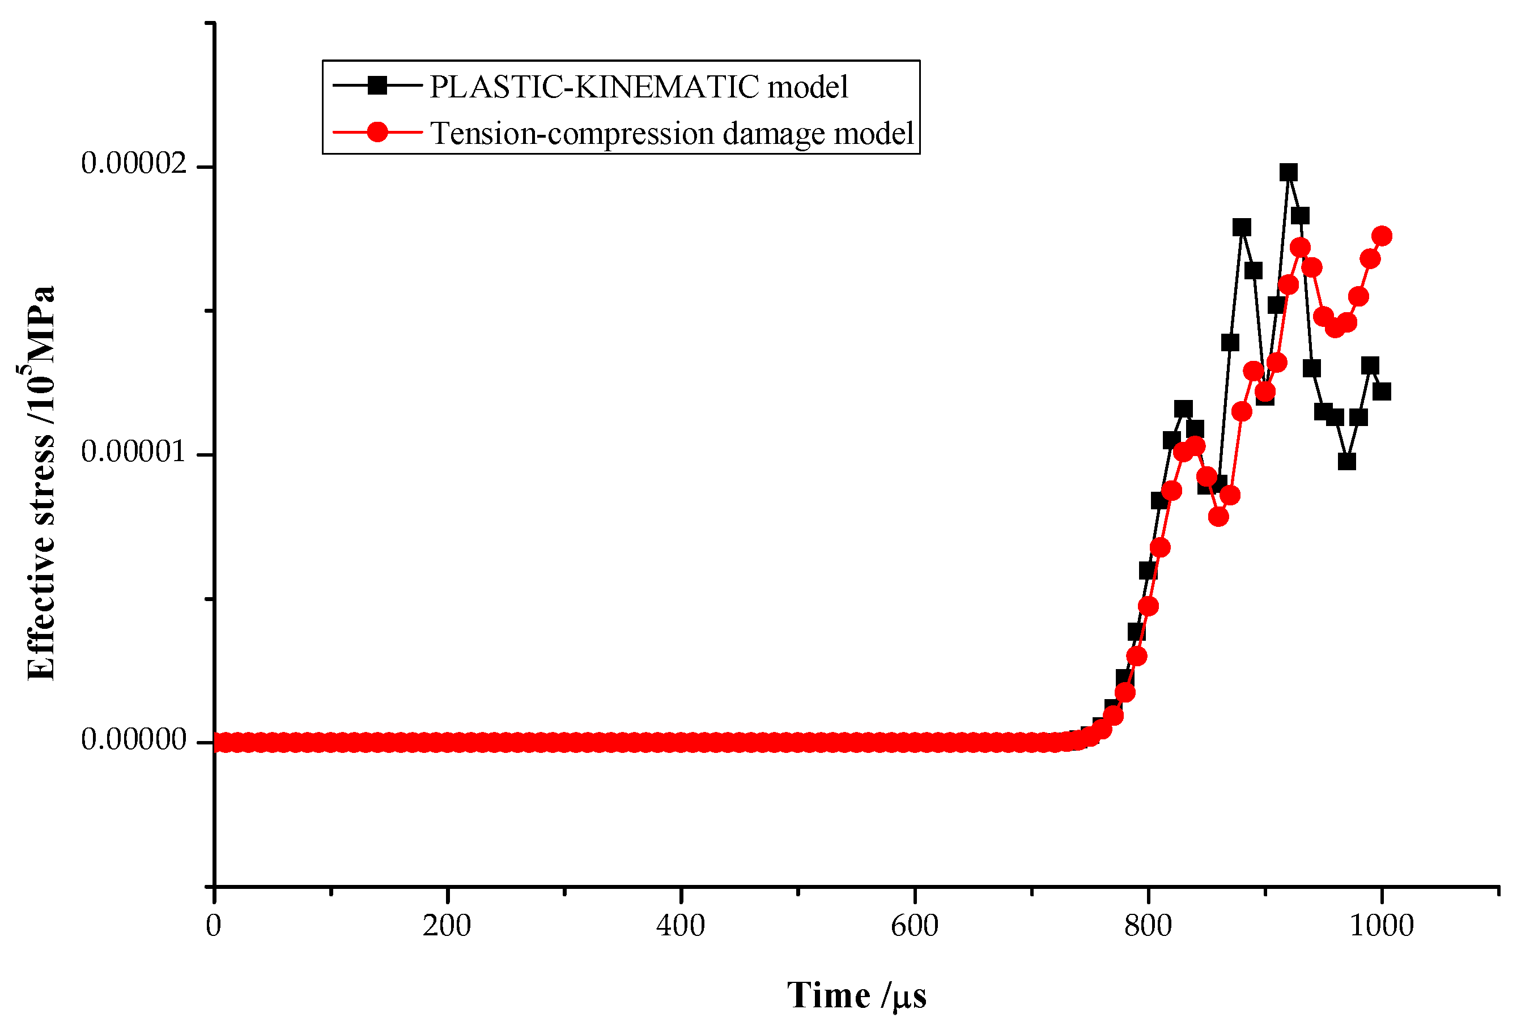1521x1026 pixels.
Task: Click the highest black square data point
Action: [1289, 173]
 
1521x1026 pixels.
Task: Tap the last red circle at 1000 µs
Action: [1382, 236]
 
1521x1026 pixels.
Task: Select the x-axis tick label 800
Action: [1148, 926]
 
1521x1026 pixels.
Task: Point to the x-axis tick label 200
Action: [447, 926]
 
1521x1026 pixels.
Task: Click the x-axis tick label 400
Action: [681, 926]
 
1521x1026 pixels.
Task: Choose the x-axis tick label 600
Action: [914, 926]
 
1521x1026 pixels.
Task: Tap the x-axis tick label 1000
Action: [1382, 926]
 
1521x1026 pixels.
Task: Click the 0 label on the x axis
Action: [214, 926]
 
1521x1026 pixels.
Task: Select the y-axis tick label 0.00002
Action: [134, 164]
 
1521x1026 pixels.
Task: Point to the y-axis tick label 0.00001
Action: [134, 452]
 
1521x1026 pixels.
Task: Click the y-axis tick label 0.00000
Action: [134, 739]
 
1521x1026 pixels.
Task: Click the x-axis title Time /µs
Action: [856, 996]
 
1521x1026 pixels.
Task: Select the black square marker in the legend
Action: [377, 85]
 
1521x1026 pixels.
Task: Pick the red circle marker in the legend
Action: [377, 132]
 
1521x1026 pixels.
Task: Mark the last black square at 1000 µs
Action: [1382, 391]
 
